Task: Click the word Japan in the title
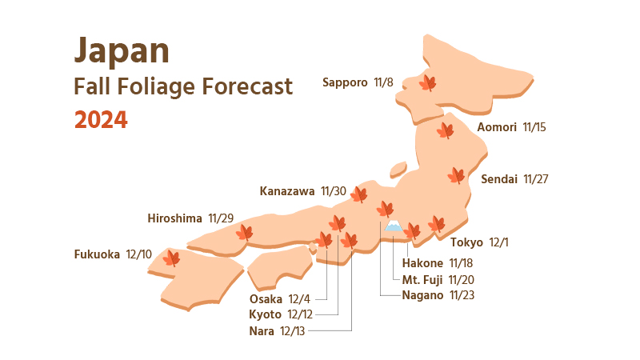point(122,51)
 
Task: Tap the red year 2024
point(101,120)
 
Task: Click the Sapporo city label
point(345,82)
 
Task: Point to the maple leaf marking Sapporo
point(428,82)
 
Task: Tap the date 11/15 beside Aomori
point(534,126)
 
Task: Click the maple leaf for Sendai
point(456,175)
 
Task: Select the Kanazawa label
point(287,191)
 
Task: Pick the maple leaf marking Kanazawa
point(359,194)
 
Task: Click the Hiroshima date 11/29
point(221,218)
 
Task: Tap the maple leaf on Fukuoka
point(171,258)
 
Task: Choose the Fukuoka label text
point(97,254)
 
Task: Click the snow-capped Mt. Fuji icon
point(393,227)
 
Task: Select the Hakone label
point(422,262)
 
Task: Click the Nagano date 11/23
point(462,294)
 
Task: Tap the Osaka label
point(266,299)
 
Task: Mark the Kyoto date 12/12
point(301,314)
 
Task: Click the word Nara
point(261,330)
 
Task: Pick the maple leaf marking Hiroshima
point(244,233)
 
